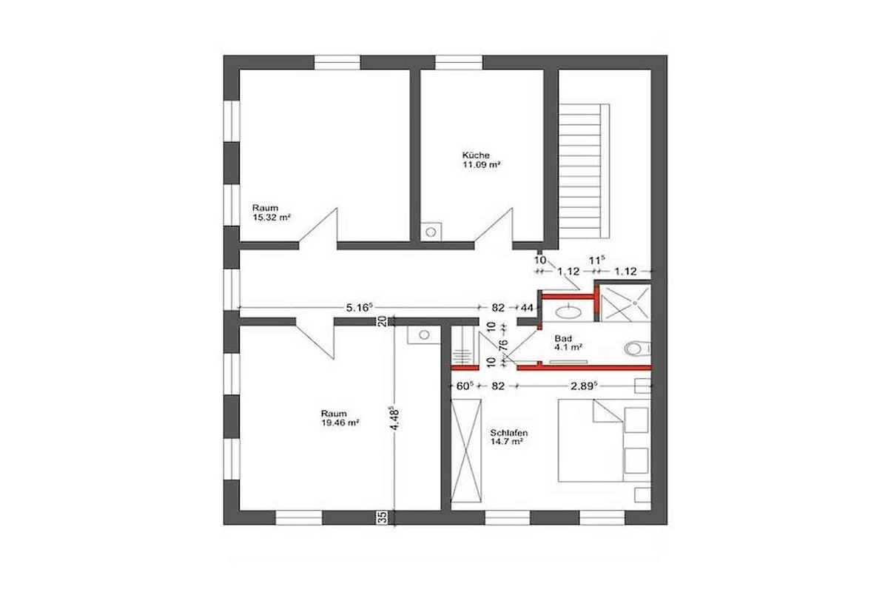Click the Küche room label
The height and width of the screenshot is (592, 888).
476,155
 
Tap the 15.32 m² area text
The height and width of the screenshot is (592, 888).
272,218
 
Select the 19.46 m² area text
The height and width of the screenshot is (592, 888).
340,423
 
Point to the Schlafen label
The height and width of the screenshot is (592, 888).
509,433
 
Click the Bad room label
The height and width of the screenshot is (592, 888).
563,339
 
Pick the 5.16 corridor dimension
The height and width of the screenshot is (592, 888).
360,307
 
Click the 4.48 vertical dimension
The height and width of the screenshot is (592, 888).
395,417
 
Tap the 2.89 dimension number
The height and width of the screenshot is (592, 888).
584,386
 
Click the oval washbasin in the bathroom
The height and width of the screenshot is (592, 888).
568,312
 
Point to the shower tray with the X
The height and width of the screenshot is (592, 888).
626,303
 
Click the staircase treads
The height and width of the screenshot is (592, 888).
584,171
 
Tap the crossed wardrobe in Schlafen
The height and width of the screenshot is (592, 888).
466,451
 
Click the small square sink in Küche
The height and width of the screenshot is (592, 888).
431,232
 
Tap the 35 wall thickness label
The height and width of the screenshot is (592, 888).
383,517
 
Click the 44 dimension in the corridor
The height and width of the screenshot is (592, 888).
527,308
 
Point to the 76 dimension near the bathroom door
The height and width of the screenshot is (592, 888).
503,344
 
